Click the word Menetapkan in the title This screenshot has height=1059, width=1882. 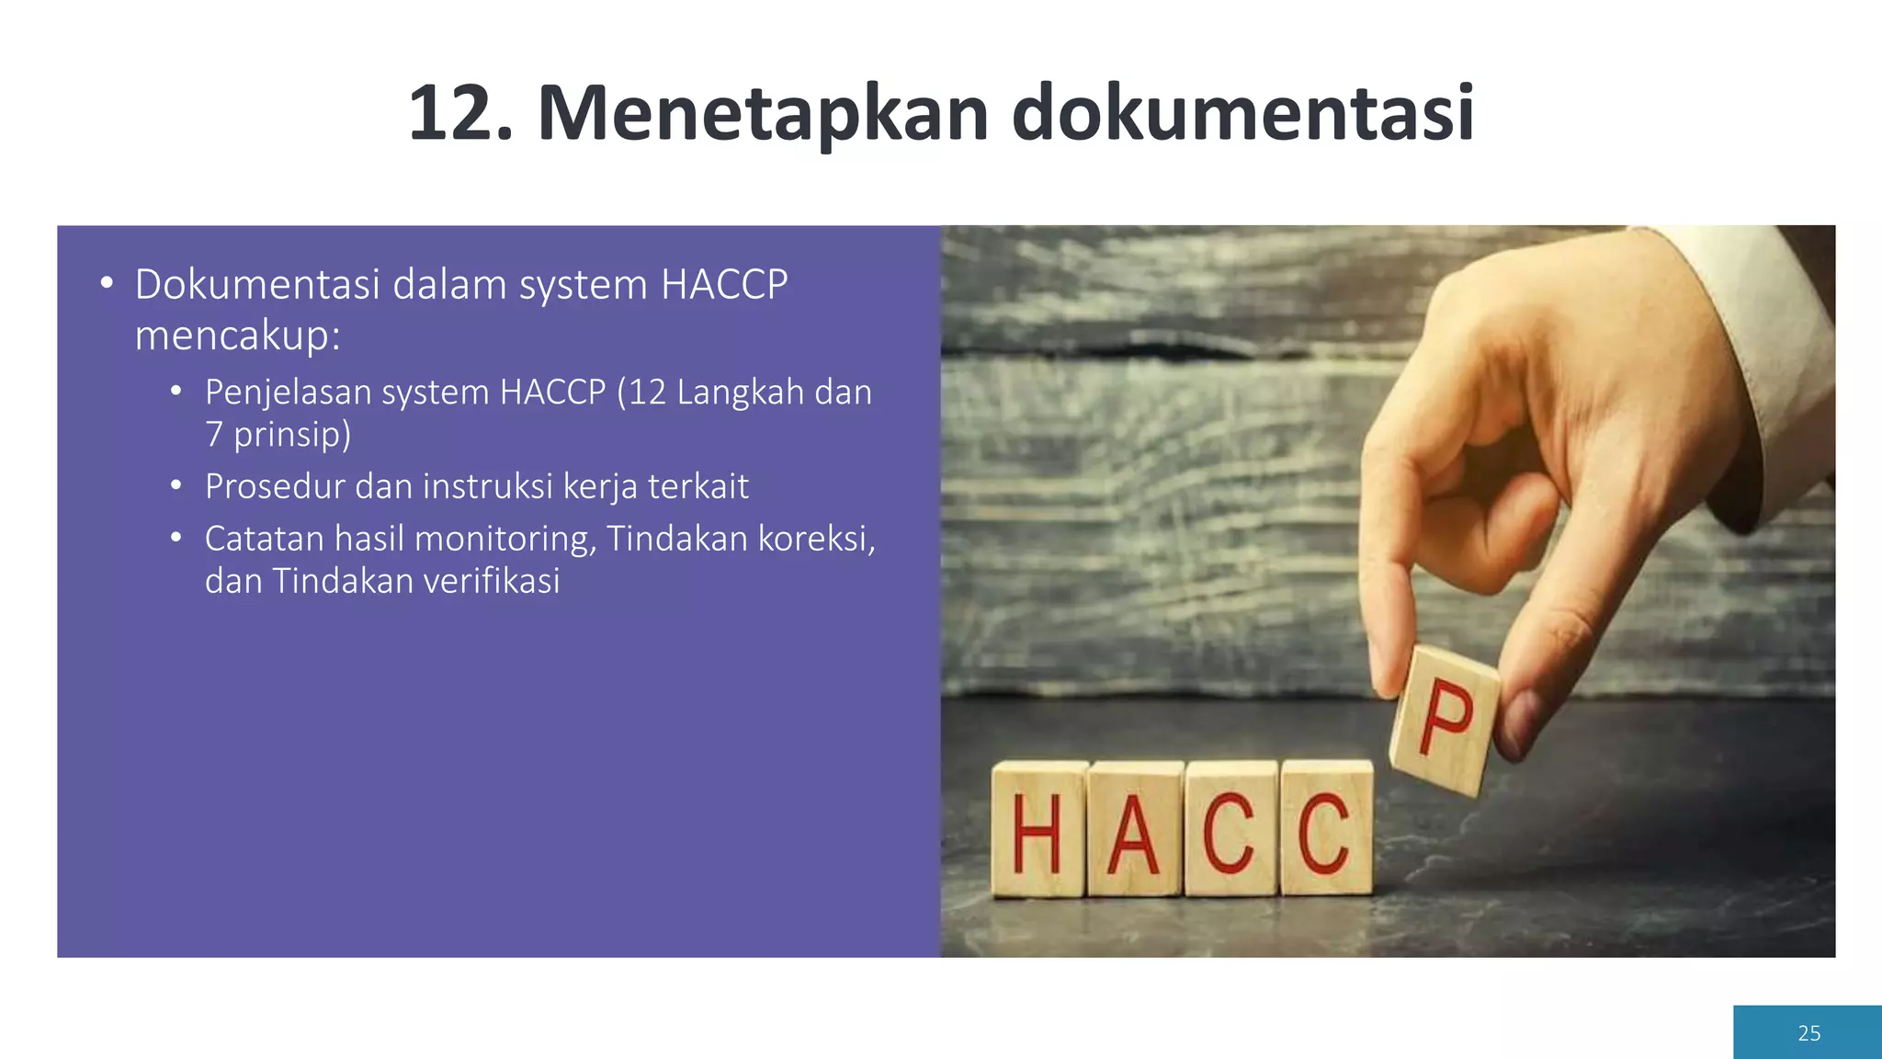pyautogui.click(x=763, y=114)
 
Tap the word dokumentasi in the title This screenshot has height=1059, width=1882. pyautogui.click(x=1242, y=114)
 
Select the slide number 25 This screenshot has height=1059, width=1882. pyautogui.click(x=1808, y=1033)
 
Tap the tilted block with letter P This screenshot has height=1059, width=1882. pyautogui.click(x=1445, y=720)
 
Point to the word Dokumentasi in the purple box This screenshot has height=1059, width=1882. pyautogui.click(x=257, y=285)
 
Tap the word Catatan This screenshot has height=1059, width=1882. pyautogui.click(x=264, y=539)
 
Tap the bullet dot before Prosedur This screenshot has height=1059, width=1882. pyautogui.click(x=176, y=485)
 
